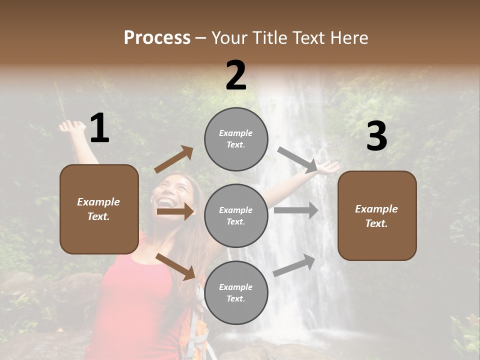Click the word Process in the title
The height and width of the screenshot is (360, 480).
tap(157, 38)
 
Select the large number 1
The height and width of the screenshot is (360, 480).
tap(99, 128)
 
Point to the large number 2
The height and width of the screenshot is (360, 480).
tap(236, 75)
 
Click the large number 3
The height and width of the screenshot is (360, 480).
tap(376, 136)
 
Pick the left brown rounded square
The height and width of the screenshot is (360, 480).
tap(99, 209)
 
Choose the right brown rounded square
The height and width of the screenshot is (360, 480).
tap(377, 215)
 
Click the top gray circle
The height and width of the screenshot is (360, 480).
tap(236, 139)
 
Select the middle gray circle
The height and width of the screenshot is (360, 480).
tap(236, 215)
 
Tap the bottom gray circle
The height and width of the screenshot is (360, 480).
tap(236, 292)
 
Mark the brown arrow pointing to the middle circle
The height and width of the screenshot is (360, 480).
tap(175, 211)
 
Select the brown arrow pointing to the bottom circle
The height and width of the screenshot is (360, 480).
tap(175, 266)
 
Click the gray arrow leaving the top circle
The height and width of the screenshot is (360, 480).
tap(298, 159)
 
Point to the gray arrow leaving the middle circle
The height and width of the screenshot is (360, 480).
tap(296, 210)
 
